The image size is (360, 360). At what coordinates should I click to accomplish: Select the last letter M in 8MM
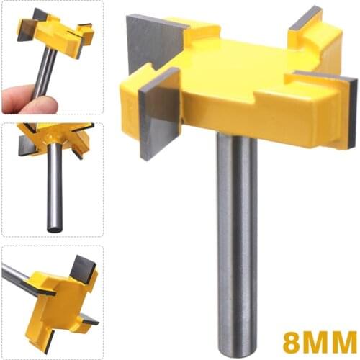(x=342, y=338)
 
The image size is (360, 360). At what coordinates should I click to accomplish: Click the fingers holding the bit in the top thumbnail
(x=29, y=101)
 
